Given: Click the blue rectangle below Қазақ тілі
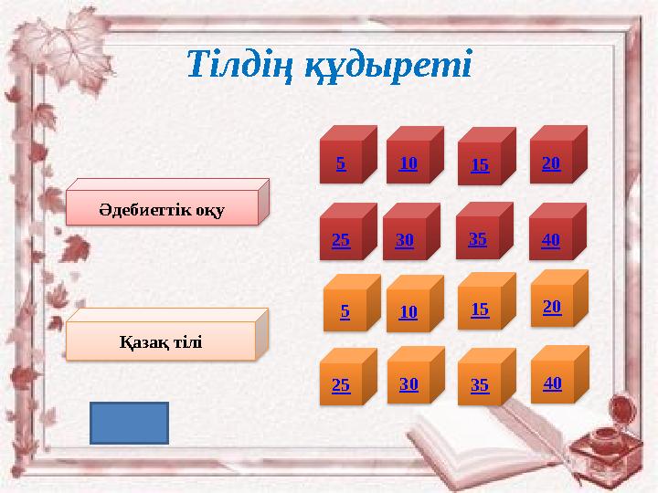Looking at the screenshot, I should pyautogui.click(x=129, y=423).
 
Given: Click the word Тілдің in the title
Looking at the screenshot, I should pyautogui.click(x=238, y=64).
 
